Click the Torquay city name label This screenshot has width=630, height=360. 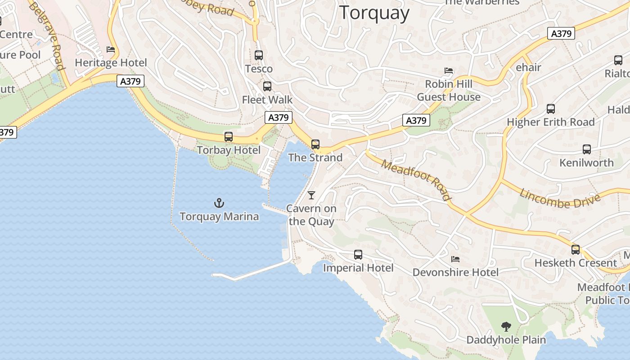[x=374, y=13]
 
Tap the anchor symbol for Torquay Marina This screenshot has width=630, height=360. [x=219, y=203]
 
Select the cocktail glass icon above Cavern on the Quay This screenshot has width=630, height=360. [x=311, y=195]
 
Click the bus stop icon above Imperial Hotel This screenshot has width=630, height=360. [x=358, y=255]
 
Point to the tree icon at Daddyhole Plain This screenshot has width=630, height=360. [x=506, y=326]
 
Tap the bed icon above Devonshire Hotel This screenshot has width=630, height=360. [x=455, y=259]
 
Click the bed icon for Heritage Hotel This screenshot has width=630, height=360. [x=111, y=49]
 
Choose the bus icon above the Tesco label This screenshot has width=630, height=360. [x=259, y=55]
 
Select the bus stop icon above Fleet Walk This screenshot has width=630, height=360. [x=267, y=86]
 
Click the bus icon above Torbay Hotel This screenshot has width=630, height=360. [x=229, y=137]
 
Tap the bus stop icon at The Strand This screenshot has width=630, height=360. [x=315, y=144]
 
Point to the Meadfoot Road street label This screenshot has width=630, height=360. [x=416, y=180]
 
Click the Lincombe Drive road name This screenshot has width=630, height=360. [x=560, y=198]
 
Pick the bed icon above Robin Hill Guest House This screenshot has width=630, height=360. [x=449, y=71]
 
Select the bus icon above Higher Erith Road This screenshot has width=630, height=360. [x=551, y=109]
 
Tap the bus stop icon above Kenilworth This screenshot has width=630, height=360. [x=587, y=149]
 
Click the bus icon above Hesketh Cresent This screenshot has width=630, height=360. [x=576, y=250]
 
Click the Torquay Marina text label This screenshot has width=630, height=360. [x=219, y=217]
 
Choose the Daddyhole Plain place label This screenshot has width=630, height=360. [x=506, y=340]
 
